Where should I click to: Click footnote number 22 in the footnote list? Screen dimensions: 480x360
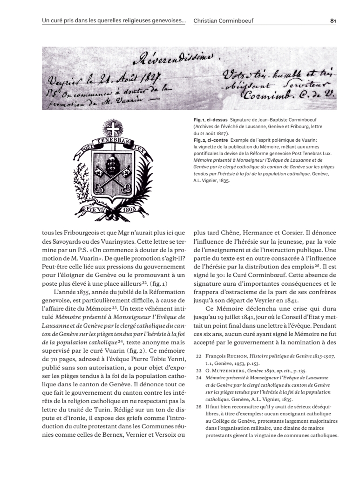point(198,356)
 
